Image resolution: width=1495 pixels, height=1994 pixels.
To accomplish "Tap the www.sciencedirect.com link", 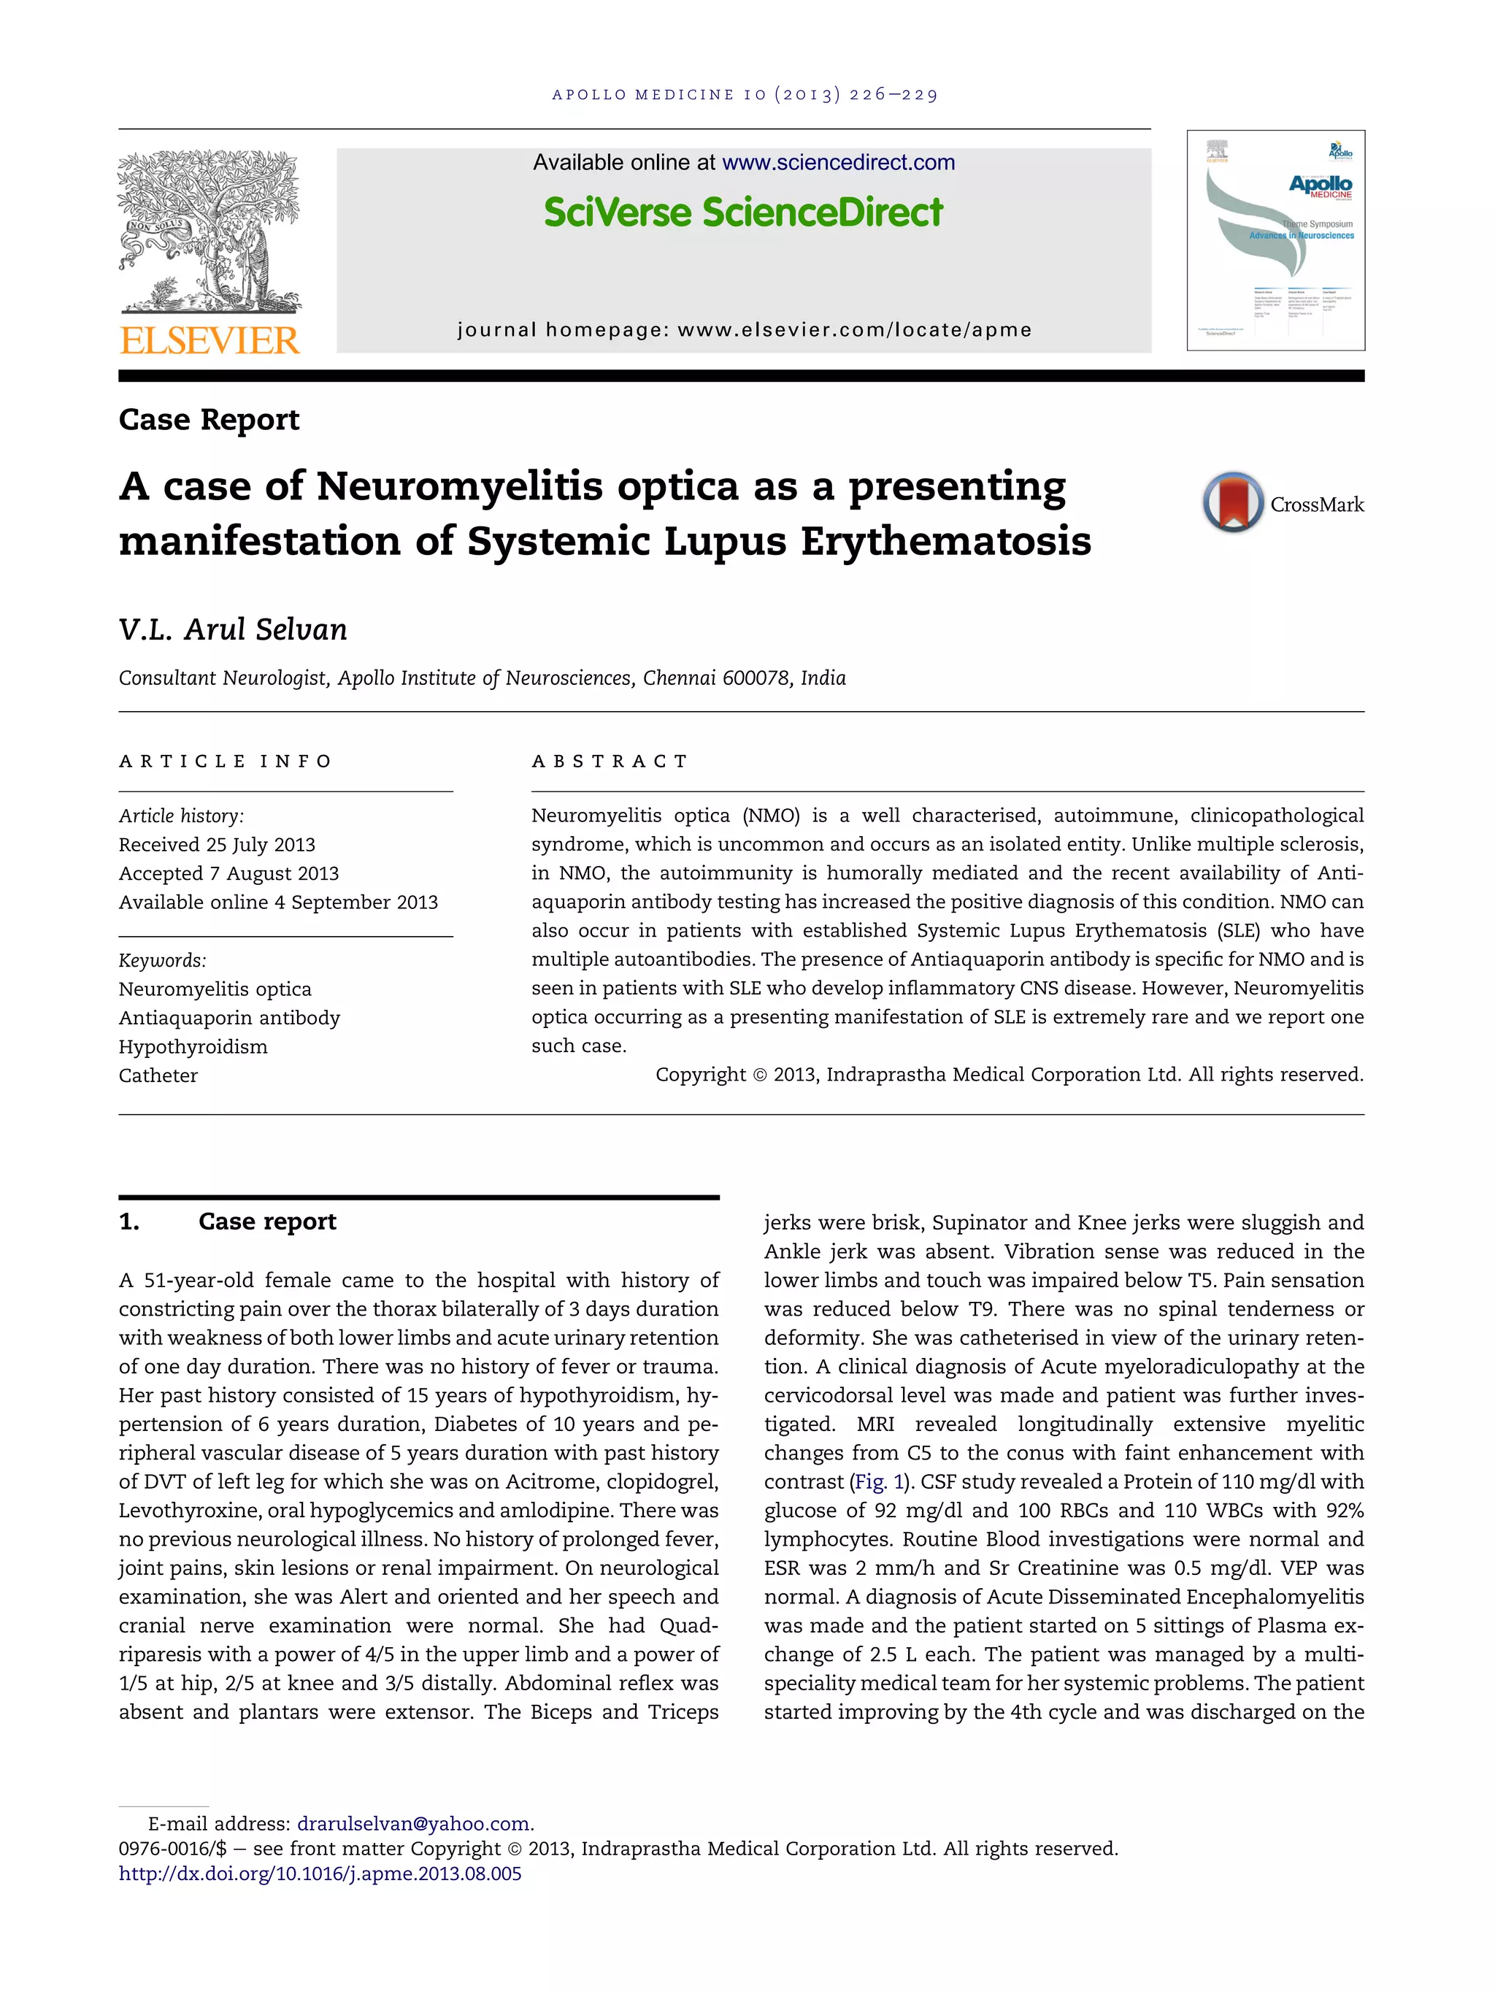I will tap(838, 163).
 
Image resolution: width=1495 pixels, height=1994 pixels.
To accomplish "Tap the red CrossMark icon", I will tap(1232, 502).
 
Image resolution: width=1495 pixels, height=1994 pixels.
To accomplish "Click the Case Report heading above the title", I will tap(209, 420).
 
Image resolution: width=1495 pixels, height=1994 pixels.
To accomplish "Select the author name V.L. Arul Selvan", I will tap(232, 629).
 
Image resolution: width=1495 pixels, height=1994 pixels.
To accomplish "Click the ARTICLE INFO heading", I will tap(226, 762).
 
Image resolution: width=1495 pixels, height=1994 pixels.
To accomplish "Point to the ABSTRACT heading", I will tap(610, 762).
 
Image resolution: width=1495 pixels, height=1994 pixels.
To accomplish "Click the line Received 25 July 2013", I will tap(218, 845).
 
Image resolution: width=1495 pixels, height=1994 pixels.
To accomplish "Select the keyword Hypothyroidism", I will tap(193, 1046).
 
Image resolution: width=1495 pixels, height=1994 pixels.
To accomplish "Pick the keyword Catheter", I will tap(158, 1075).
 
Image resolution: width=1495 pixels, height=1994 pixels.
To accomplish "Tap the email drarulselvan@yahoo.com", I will tap(412, 1824).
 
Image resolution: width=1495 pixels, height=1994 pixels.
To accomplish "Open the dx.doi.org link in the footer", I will tap(320, 1874).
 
